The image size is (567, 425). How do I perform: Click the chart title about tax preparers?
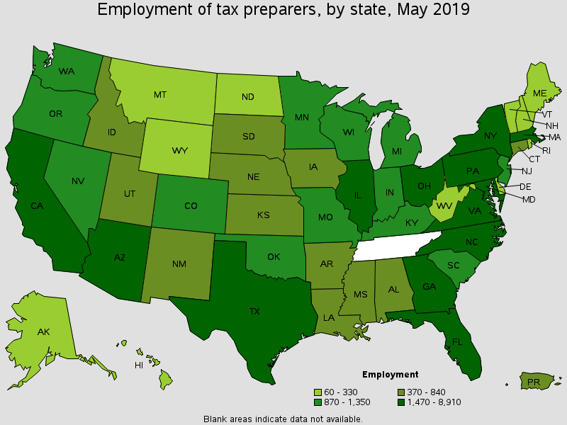coord(283,10)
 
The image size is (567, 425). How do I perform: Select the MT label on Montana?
coord(160,93)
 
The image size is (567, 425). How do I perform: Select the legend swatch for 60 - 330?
coord(319,392)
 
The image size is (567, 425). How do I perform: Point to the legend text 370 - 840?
coord(426,392)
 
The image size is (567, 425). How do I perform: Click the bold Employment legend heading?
coord(390,375)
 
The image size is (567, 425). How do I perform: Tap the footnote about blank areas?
coord(283,419)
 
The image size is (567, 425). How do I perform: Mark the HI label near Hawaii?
coord(140,365)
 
